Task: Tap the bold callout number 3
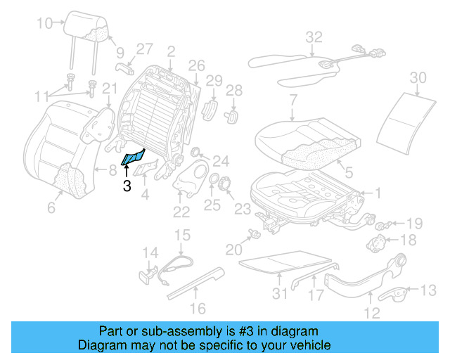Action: coord(127,186)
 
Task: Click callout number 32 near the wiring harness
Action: coord(314,37)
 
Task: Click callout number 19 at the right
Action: coord(414,224)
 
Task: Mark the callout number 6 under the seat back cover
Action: coord(50,207)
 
